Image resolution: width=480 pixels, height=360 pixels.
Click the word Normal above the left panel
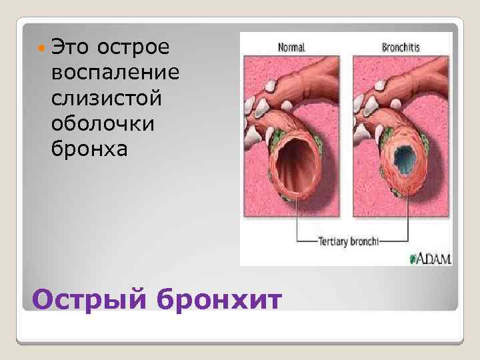[291, 47]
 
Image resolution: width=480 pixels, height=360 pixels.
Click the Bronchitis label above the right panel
[401, 47]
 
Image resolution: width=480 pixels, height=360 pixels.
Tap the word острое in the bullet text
[133, 48]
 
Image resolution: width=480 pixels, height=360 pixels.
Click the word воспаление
[109, 73]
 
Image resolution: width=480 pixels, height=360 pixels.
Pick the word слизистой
[106, 97]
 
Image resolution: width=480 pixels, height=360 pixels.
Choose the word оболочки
[101, 123]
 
